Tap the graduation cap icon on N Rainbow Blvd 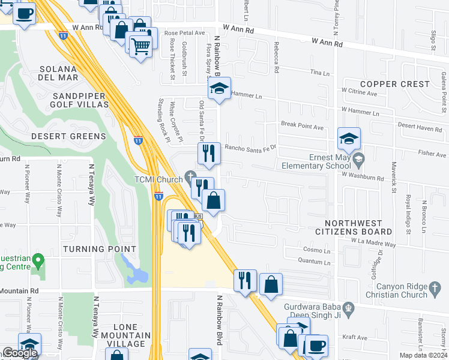tap(220, 89)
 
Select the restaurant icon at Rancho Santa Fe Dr tap(209, 153)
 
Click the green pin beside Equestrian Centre tap(38, 261)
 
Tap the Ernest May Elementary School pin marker tap(359, 159)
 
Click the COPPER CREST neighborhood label tap(394, 84)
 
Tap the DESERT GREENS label tap(68, 136)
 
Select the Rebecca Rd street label tap(276, 61)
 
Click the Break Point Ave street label tap(302, 127)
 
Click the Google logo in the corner tap(19, 353)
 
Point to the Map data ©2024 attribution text tap(424, 355)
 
